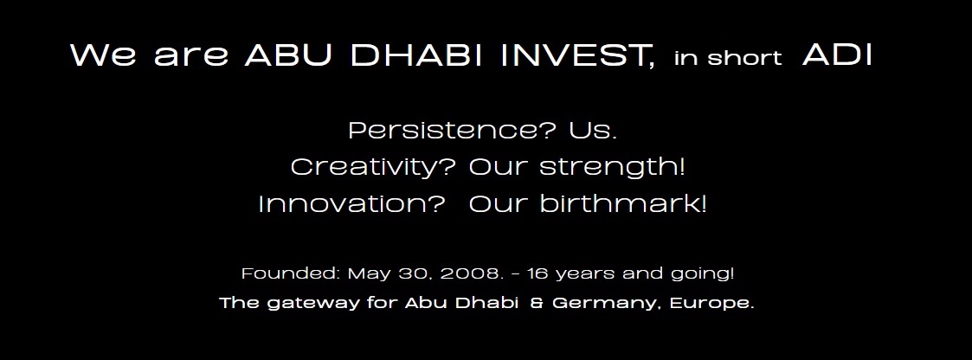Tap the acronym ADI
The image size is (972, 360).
pyautogui.click(x=838, y=55)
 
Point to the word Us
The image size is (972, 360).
pyautogui.click(x=593, y=131)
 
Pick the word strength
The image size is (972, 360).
pyautogui.click(x=612, y=167)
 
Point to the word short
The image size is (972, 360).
pyautogui.click(x=744, y=58)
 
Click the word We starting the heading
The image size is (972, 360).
pyautogui.click(x=104, y=55)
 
